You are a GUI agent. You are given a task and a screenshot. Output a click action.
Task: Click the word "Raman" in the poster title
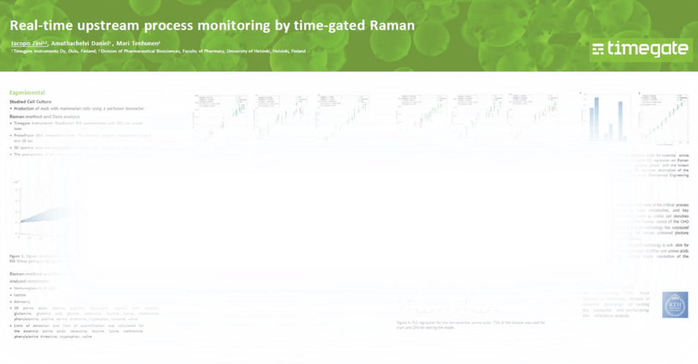pyautogui.click(x=389, y=25)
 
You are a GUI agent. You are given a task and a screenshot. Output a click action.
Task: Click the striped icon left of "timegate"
pyautogui.click(x=598, y=49)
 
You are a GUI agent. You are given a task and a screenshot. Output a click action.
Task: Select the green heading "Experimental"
pyautogui.click(x=27, y=93)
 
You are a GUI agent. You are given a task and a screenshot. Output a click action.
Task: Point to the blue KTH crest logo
pyautogui.click(x=675, y=305)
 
